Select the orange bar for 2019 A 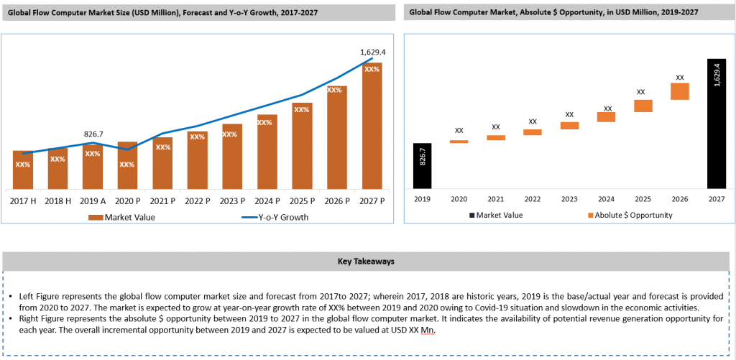93,167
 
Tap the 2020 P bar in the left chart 127,165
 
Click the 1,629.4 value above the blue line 372,52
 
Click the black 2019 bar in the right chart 422,166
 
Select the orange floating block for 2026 679,91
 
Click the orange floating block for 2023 569,126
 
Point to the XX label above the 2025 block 642,92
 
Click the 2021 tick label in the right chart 496,198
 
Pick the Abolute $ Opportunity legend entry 630,215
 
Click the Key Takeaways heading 366,262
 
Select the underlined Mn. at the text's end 427,330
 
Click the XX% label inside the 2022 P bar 198,137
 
